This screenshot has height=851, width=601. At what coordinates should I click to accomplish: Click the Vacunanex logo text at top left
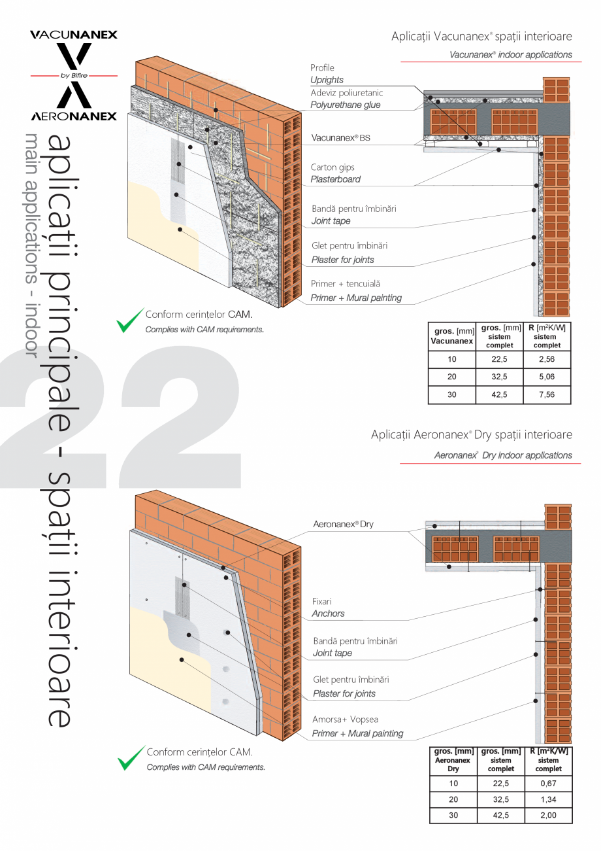[74, 35]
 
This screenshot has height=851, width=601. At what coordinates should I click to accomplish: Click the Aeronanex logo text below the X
[74, 116]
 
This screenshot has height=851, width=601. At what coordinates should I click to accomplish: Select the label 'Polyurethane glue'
[345, 105]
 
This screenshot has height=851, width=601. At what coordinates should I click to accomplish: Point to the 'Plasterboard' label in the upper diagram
[335, 179]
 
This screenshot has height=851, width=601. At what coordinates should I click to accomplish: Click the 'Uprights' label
[327, 80]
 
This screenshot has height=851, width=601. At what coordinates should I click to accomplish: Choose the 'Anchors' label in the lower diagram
[329, 614]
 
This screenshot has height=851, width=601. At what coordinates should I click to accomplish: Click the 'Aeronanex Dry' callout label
[344, 525]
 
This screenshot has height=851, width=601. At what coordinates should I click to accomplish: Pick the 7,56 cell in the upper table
[546, 394]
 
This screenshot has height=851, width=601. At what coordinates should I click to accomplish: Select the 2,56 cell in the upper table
[546, 359]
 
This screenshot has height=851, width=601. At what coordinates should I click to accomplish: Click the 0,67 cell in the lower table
[548, 784]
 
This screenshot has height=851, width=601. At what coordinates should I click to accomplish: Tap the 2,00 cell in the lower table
[548, 816]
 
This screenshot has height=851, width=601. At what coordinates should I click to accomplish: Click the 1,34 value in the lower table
[548, 799]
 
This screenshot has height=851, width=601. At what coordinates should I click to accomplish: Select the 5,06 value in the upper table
[546, 377]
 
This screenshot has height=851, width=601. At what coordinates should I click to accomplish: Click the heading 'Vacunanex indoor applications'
[510, 55]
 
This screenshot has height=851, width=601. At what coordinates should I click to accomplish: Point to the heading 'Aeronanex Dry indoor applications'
[502, 455]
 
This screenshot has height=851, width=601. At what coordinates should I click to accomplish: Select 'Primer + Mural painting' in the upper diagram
[356, 298]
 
